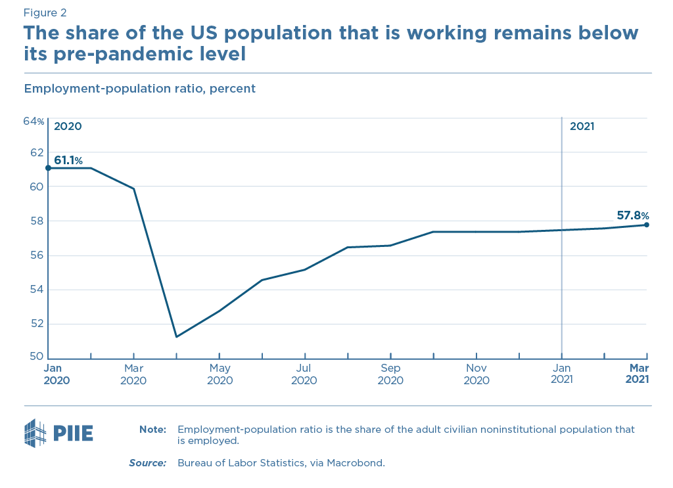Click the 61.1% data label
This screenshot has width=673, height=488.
(68, 160)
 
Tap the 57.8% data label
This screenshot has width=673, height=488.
(633, 215)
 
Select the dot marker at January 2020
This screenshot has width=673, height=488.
(48, 168)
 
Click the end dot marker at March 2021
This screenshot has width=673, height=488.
(647, 225)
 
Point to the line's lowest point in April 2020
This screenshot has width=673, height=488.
(176, 337)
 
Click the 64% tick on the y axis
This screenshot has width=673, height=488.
(34, 122)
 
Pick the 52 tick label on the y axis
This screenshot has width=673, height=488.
(37, 323)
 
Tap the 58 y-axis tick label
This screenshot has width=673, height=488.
(37, 221)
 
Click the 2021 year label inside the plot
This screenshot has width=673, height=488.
(582, 126)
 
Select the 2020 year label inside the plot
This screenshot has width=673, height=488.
(68, 126)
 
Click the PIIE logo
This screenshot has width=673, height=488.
(58, 433)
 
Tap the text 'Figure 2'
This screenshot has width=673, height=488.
(45, 12)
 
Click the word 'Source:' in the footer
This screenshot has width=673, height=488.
(147, 463)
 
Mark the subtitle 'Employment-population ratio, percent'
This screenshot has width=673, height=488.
(139, 88)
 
